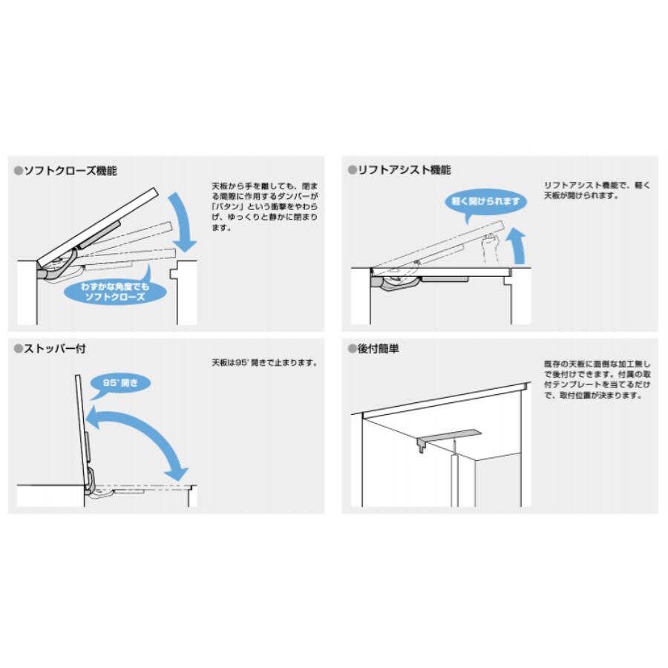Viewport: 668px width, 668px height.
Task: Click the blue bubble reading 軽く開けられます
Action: (x=485, y=202)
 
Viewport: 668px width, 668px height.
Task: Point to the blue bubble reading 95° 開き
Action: (x=120, y=383)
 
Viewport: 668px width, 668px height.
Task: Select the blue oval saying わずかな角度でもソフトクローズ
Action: (x=115, y=292)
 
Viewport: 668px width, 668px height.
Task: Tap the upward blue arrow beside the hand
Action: (x=518, y=246)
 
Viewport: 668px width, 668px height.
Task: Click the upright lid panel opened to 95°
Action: (x=82, y=430)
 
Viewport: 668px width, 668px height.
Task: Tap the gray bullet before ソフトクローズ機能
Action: (x=19, y=171)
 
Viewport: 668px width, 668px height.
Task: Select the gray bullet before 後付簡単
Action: (x=353, y=349)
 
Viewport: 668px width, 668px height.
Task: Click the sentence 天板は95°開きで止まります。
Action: (x=264, y=363)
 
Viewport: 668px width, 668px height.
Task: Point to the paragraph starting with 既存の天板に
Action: (x=597, y=379)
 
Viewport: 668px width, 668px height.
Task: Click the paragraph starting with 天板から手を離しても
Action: (x=264, y=206)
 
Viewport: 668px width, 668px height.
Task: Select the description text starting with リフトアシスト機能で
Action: (x=597, y=191)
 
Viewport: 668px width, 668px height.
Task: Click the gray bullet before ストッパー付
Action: (x=19, y=349)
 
